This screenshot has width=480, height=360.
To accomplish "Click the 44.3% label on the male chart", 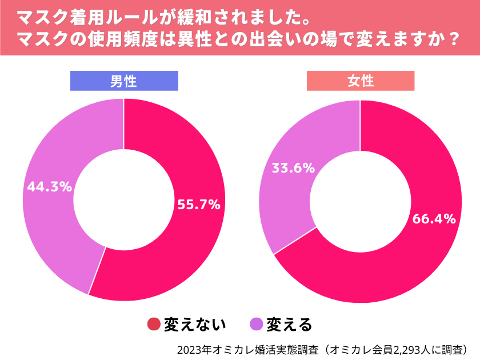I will (x=49, y=186).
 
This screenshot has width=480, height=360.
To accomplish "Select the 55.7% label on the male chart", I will (x=199, y=205).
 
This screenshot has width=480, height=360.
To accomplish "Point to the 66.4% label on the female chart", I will (x=434, y=218).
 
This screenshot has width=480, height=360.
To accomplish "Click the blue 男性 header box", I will (x=124, y=81).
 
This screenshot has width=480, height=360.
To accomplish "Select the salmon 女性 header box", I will (x=361, y=81).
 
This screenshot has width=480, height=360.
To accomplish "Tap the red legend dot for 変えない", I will (x=154, y=324).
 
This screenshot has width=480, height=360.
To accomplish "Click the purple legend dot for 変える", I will (x=257, y=324).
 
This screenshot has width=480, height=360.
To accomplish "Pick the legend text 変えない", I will (x=195, y=324).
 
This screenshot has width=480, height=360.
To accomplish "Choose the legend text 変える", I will (x=290, y=324).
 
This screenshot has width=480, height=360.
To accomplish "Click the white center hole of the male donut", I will (x=123, y=200).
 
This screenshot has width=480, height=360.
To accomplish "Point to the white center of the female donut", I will (x=360, y=200).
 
